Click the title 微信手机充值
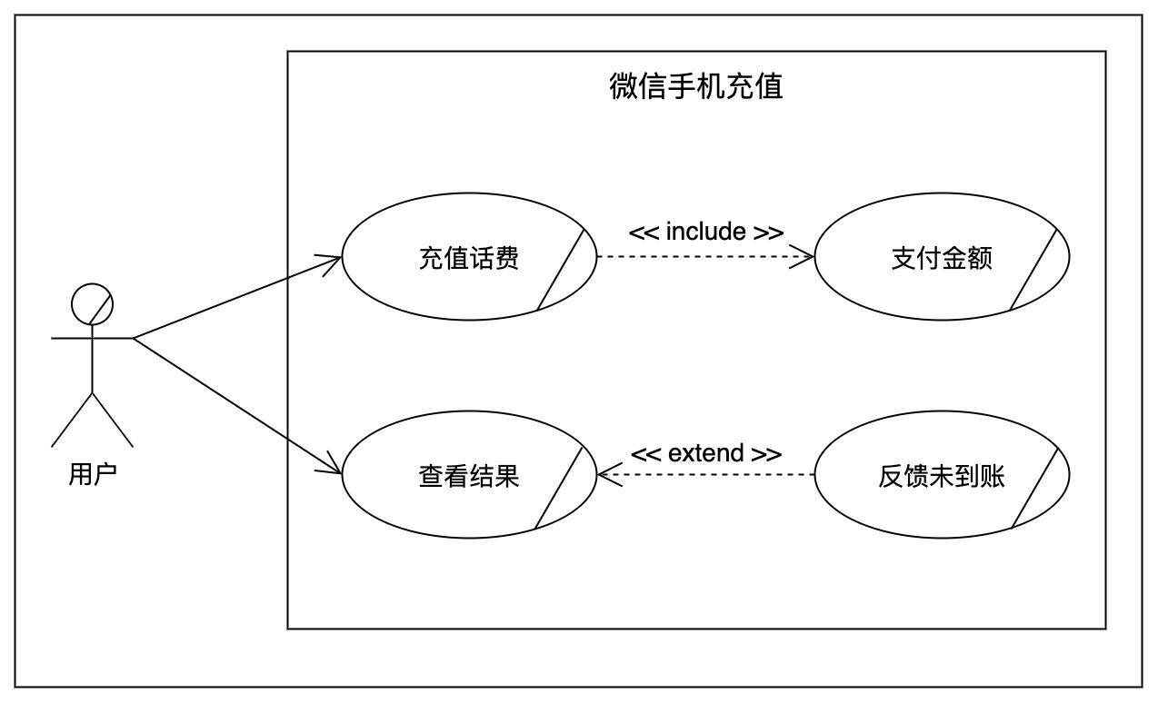(696, 85)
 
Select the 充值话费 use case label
(469, 258)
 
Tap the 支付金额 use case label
(942, 258)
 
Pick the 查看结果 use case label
(469, 476)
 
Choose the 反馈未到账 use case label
(942, 476)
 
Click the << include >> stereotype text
(706, 232)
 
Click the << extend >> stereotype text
(706, 453)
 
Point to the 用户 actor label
(93, 473)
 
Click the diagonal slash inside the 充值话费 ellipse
(561, 270)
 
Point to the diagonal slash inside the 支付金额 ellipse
(1033, 270)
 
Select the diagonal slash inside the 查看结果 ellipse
(559, 488)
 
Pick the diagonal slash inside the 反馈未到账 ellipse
(1035, 488)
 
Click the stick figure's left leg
(72, 420)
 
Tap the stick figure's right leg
(113, 420)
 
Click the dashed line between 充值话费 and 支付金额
(705, 257)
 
